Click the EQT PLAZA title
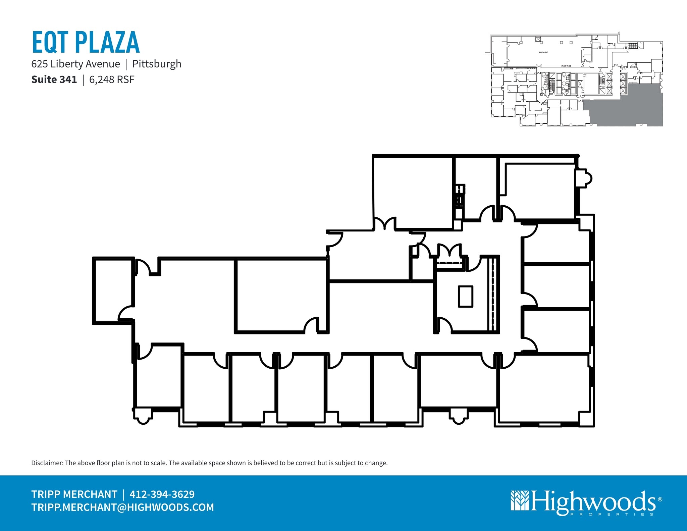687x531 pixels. [x=86, y=42]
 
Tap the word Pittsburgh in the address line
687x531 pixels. [x=157, y=64]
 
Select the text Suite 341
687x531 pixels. [x=54, y=79]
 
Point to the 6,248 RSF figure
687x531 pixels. [x=112, y=79]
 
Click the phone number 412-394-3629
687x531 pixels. [x=162, y=494]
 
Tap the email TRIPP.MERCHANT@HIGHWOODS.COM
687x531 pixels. [x=122, y=507]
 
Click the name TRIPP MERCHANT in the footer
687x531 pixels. [x=74, y=494]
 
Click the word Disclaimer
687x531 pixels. [x=47, y=463]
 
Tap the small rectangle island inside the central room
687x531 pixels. [x=466, y=296]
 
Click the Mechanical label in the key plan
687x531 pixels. [x=543, y=52]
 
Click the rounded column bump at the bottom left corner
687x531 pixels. [x=143, y=417]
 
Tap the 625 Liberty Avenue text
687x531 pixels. [x=75, y=64]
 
